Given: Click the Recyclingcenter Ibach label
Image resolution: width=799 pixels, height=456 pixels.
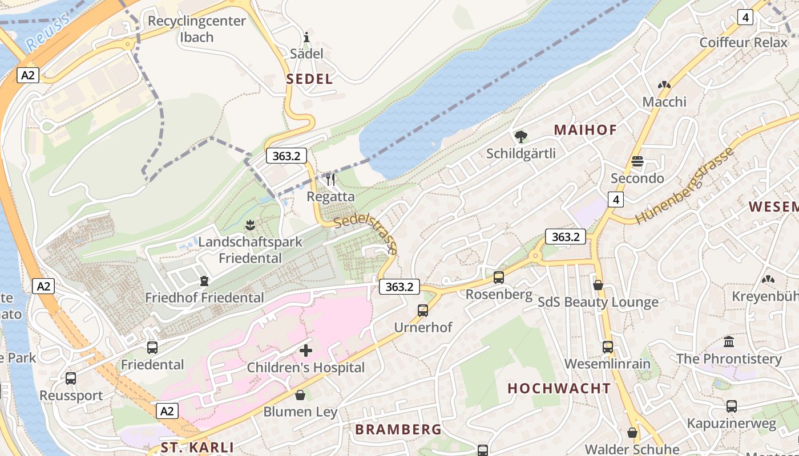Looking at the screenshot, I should (x=196, y=29).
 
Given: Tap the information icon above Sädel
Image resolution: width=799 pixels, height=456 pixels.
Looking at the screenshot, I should (x=306, y=38).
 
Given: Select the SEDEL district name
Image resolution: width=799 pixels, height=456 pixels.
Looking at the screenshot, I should (x=309, y=79).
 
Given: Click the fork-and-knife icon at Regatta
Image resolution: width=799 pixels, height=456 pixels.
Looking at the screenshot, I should (x=330, y=180).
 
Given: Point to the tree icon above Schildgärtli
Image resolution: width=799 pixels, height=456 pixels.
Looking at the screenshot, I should (x=520, y=137).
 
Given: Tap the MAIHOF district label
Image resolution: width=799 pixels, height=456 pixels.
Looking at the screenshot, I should (x=586, y=130).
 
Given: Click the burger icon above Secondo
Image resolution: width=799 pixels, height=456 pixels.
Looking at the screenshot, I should (x=637, y=162).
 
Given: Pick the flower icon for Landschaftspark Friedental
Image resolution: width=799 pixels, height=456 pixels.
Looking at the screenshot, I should (x=250, y=225).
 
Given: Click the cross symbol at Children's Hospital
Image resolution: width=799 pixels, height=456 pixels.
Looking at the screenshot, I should (x=306, y=351).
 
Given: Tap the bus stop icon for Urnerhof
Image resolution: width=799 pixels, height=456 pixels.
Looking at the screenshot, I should (x=423, y=311).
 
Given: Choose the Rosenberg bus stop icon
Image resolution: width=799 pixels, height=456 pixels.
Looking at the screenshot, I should (x=499, y=278).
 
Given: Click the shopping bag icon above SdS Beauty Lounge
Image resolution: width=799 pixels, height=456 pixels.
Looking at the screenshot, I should (x=598, y=285).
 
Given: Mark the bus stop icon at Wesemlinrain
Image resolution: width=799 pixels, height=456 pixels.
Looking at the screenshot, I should (x=608, y=347).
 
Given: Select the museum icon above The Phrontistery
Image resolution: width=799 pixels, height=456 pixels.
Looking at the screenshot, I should (x=729, y=342).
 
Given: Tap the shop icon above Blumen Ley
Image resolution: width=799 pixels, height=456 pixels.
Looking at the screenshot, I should (x=300, y=395).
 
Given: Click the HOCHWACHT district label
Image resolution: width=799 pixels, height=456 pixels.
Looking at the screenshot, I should (x=559, y=389).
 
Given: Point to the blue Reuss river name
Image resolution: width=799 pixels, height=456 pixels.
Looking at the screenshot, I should (x=48, y=31).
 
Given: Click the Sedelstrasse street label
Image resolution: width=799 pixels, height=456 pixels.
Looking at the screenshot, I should (x=366, y=234).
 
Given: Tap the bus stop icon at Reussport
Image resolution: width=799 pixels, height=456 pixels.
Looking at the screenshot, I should (x=71, y=378).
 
